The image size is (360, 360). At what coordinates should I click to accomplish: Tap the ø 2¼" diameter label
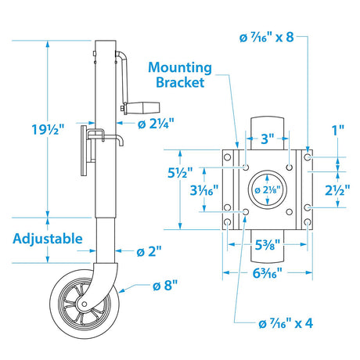coord(157,122)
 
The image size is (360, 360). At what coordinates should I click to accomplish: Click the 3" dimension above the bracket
coord(267,139)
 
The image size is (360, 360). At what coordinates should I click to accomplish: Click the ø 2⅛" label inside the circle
coord(268,189)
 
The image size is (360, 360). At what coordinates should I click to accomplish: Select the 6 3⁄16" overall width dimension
coord(268,273)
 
